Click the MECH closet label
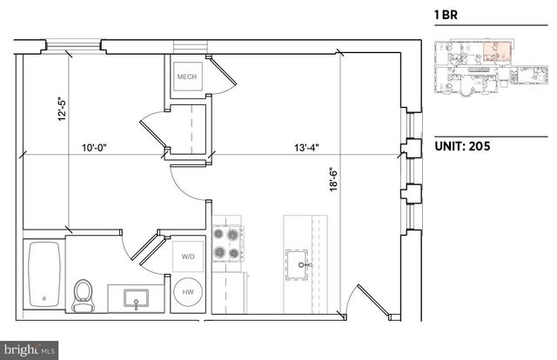[x=187, y=77]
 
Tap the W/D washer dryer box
[x=188, y=258]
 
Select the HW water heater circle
[x=188, y=293]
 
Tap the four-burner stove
[x=227, y=243]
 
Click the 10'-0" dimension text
[x=96, y=147]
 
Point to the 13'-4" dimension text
[x=306, y=147]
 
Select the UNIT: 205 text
[x=462, y=146]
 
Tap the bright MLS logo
[x=29, y=350]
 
